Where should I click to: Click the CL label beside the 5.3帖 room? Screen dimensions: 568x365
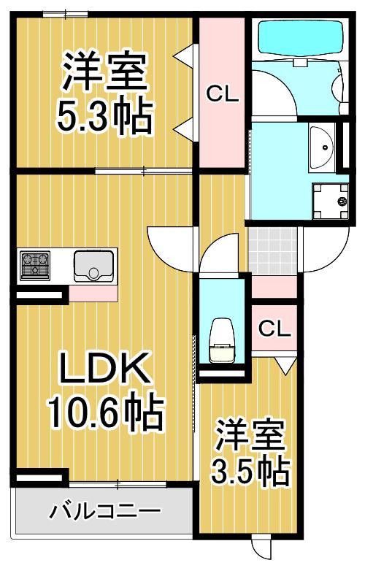222,93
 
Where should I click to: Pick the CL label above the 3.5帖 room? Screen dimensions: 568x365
274,329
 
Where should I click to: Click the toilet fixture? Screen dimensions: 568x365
222,339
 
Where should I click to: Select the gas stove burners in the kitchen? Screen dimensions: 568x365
34,265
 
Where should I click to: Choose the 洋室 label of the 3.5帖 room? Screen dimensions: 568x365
248,435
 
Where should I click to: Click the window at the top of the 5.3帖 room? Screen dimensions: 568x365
66,13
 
